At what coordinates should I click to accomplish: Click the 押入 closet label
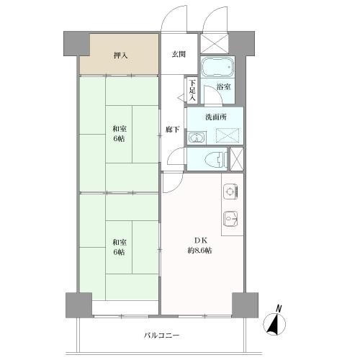click(120, 55)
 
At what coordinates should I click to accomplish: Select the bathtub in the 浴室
click(217, 69)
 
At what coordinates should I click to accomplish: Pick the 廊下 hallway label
click(171, 129)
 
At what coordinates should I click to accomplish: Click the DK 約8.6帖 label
click(201, 245)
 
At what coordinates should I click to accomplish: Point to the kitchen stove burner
click(230, 191)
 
